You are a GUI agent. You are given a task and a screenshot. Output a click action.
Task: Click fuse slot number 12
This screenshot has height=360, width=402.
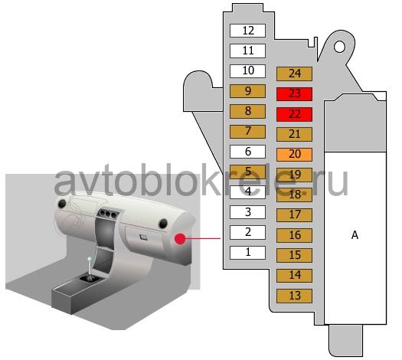click(247, 31)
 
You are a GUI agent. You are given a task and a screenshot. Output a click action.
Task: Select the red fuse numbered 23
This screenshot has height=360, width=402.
click(294, 94)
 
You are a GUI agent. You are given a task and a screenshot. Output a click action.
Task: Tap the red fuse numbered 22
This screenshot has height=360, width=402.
click(294, 114)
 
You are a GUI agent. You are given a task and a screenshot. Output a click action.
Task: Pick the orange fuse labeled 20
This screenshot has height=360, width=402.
click(294, 155)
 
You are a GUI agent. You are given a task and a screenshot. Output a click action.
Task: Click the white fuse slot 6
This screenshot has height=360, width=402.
click(247, 152)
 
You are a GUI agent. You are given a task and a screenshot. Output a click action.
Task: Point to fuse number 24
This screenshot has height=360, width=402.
click(294, 74)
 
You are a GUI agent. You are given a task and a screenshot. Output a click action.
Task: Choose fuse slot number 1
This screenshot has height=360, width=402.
click(247, 253)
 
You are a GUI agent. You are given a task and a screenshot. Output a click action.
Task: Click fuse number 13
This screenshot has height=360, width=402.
click(294, 296)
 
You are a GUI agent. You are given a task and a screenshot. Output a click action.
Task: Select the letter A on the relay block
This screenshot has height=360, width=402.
click(355, 235)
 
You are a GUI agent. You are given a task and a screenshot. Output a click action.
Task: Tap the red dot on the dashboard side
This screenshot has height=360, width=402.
click(180, 239)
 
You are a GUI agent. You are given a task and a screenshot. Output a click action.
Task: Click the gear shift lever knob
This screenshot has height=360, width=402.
click(90, 259)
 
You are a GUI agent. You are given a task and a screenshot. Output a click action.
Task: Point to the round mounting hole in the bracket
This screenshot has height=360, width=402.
click(339, 47)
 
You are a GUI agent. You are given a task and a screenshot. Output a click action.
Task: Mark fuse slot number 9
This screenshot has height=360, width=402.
click(247, 91)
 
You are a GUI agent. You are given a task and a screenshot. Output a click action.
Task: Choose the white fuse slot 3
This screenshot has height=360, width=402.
click(247, 212)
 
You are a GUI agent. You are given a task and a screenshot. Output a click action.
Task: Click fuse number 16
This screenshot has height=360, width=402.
click(294, 235)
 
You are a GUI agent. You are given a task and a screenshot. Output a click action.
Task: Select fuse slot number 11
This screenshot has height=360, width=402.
click(247, 51)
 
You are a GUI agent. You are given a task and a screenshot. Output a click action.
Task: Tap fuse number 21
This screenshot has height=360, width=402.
click(294, 134)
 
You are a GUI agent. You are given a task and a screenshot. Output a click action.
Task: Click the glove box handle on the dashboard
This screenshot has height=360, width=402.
click(143, 237)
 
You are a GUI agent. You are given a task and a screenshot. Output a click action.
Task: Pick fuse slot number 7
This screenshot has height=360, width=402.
click(247, 132)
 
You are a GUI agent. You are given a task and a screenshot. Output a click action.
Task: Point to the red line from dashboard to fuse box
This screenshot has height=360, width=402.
click(203, 238)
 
